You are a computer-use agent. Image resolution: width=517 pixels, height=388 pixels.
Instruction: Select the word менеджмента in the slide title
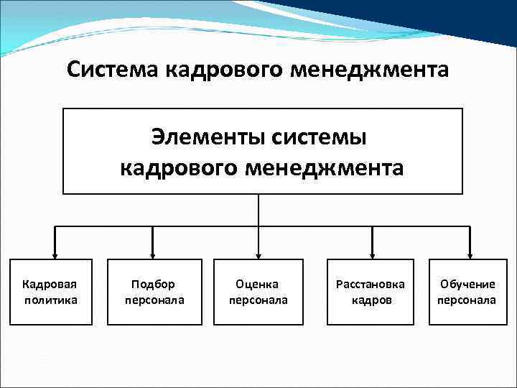[375, 70]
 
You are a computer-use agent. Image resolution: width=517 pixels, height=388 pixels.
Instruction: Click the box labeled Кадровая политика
[51, 292]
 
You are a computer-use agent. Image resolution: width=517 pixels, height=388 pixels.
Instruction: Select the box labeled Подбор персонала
[154, 292]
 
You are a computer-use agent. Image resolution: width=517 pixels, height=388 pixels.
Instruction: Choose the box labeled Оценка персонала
[258, 292]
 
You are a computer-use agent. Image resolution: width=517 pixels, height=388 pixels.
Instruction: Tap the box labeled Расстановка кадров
[371, 292]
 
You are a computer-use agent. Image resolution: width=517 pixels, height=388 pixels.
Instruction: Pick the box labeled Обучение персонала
[467, 292]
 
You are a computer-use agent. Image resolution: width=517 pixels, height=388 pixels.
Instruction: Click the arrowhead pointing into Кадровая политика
[51, 254]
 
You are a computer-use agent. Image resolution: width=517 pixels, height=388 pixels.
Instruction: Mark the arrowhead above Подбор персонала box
[154, 254]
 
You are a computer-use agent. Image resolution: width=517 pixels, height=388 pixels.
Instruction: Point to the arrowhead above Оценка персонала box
[258, 254]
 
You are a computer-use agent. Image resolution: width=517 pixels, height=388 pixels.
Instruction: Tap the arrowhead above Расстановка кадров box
[371, 254]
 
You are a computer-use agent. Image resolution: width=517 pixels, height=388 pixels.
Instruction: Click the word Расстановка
[371, 285]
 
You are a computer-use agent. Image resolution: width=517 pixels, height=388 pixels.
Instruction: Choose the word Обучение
[467, 285]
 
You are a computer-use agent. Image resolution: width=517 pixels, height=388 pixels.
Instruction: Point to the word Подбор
[154, 285]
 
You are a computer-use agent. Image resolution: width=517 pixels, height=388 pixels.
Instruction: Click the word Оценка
[258, 285]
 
